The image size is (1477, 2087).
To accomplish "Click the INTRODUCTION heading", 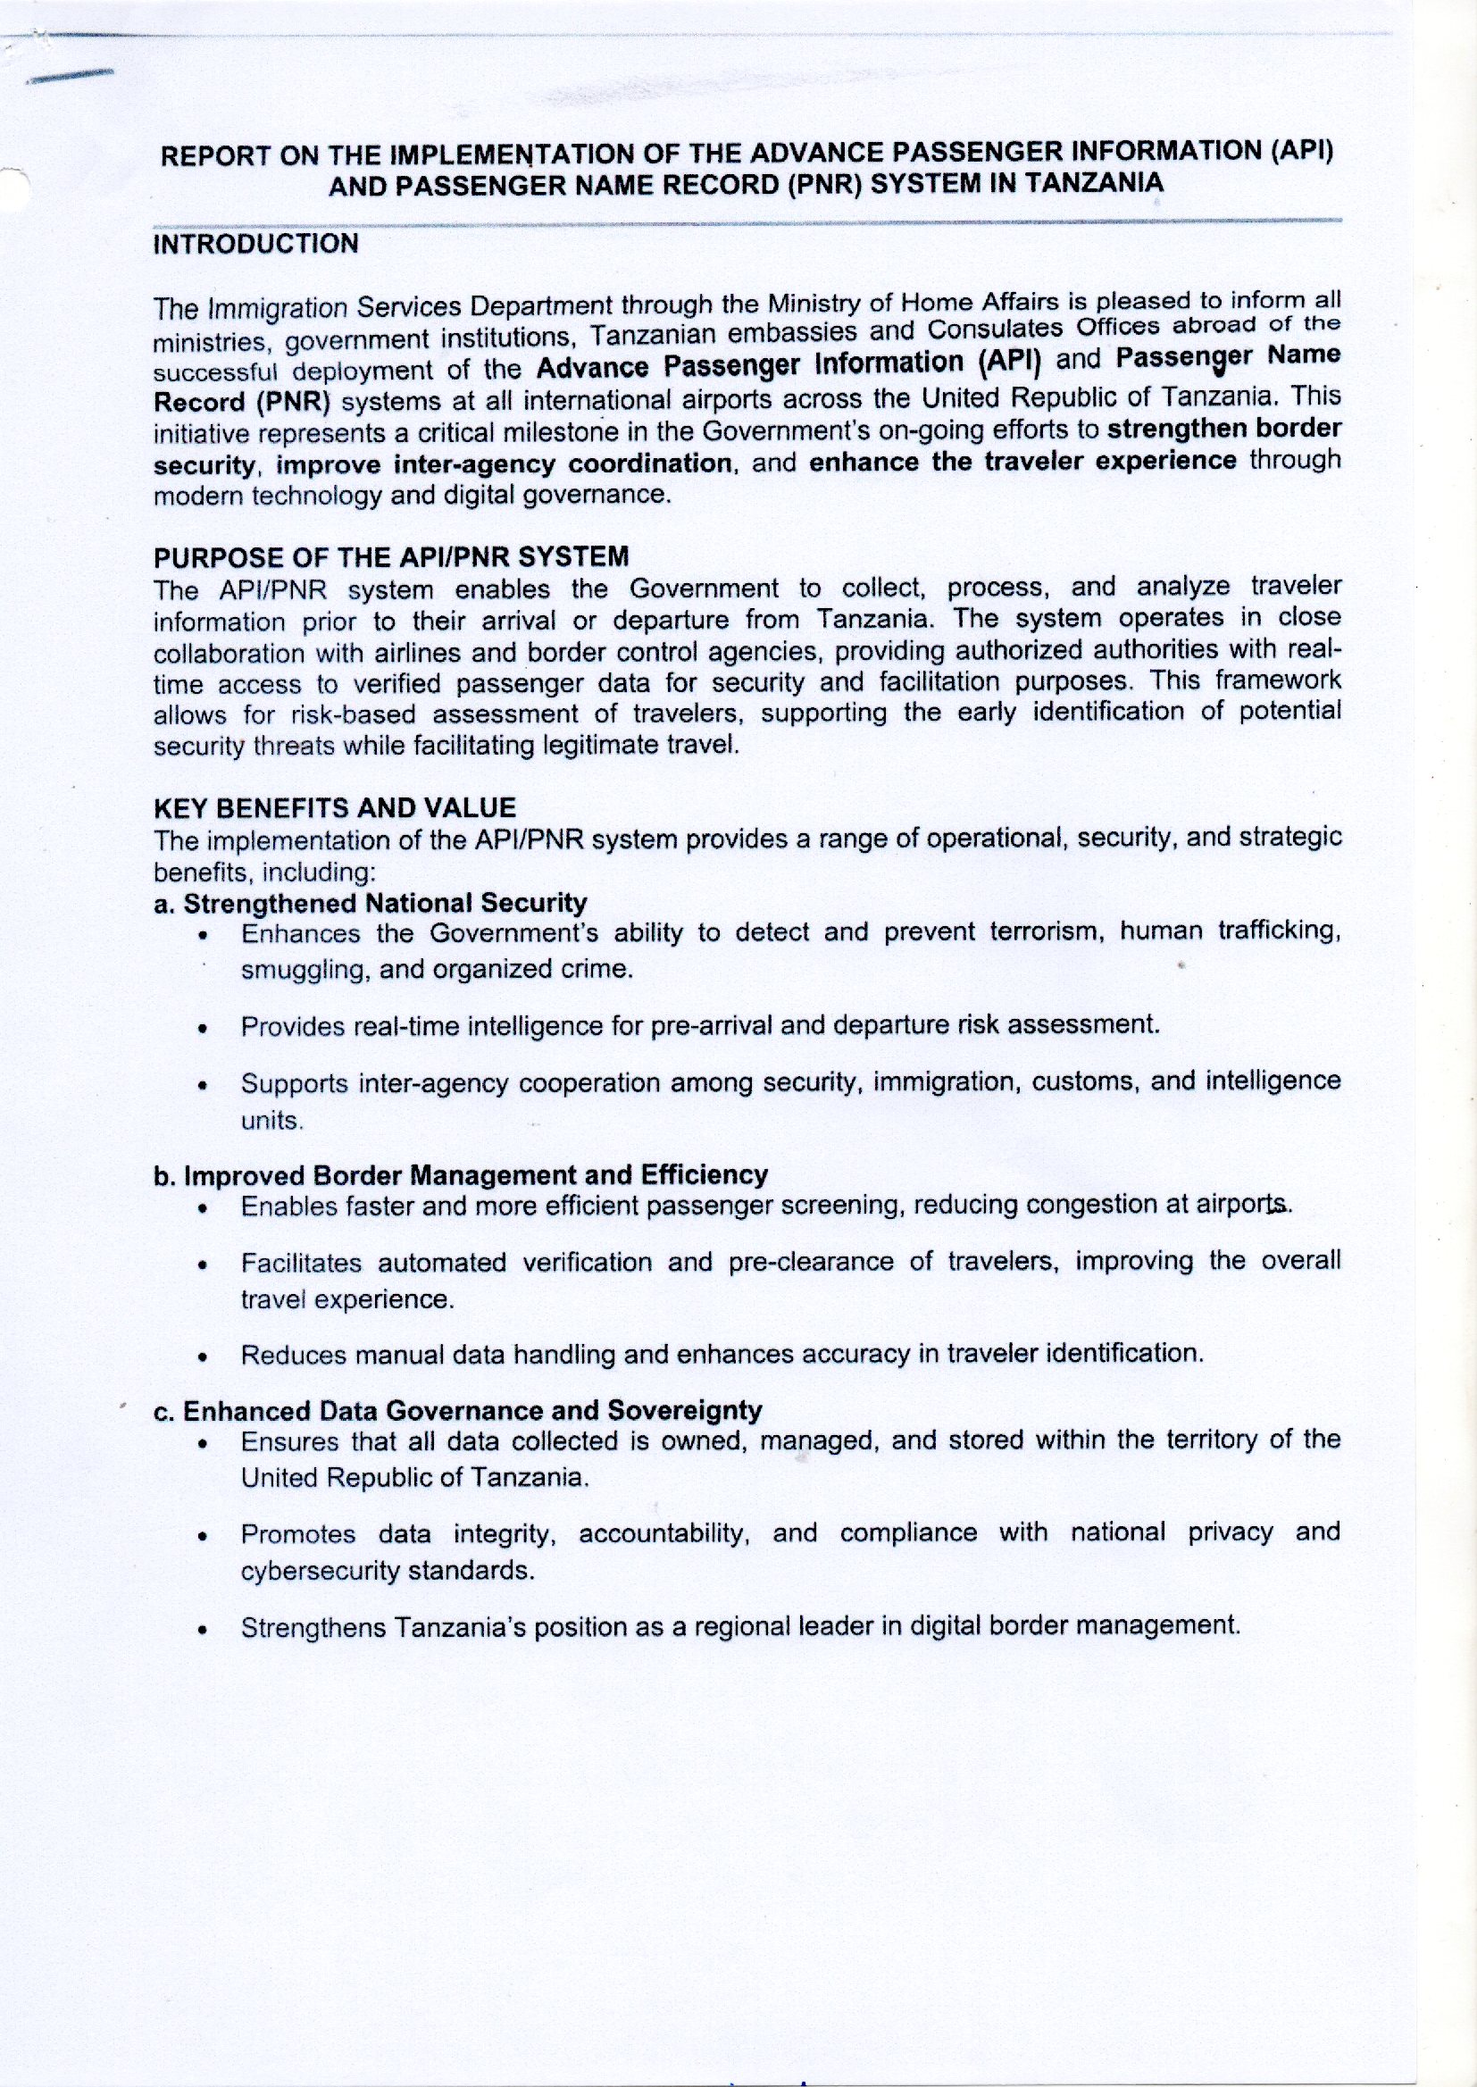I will pyautogui.click(x=256, y=244).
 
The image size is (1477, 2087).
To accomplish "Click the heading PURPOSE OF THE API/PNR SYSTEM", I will pyautogui.click(x=391, y=555).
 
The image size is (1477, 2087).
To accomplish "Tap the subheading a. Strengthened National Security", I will pyautogui.click(x=371, y=902).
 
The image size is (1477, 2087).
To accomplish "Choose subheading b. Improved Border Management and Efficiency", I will pyautogui.click(x=461, y=1174).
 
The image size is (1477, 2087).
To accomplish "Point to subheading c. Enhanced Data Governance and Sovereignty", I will pyautogui.click(x=458, y=1409).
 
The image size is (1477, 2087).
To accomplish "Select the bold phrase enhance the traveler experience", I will pyautogui.click(x=1022, y=460).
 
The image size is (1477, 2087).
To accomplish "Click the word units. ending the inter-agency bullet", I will pyautogui.click(x=270, y=1122).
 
